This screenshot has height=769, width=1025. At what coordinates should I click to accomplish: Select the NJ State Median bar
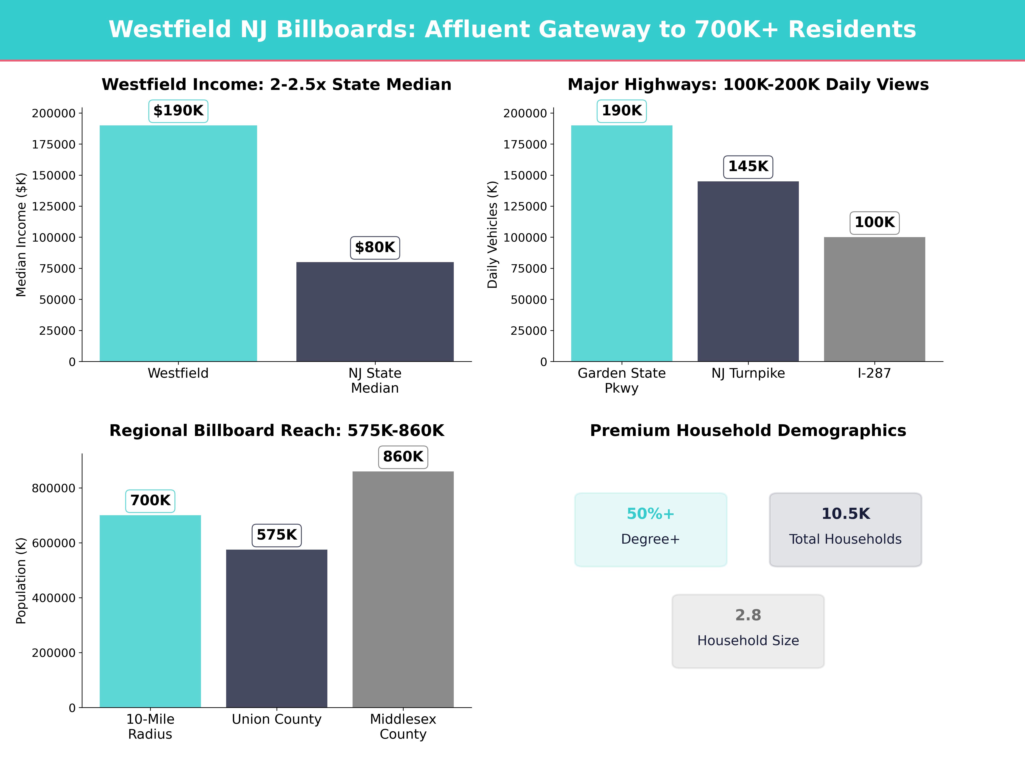pyautogui.click(x=375, y=311)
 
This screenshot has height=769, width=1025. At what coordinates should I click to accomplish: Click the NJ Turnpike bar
pyautogui.click(x=748, y=271)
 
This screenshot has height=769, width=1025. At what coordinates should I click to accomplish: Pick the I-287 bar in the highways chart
pyautogui.click(x=874, y=299)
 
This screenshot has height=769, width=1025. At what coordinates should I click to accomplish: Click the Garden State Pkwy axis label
pyautogui.click(x=621, y=381)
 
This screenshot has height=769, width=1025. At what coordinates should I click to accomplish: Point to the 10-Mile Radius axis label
pyautogui.click(x=150, y=726)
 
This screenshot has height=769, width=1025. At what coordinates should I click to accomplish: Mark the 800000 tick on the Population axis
pyautogui.click(x=53, y=488)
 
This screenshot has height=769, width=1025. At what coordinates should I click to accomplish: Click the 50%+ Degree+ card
pyautogui.click(x=651, y=529)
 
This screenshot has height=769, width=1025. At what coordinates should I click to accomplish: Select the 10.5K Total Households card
pyautogui.click(x=845, y=529)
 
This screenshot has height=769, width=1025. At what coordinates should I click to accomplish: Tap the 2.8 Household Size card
pyautogui.click(x=748, y=631)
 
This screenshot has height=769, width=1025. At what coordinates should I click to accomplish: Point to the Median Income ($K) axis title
pyautogui.click(x=21, y=235)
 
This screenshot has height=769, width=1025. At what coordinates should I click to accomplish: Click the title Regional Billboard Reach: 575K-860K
pyautogui.click(x=277, y=431)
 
